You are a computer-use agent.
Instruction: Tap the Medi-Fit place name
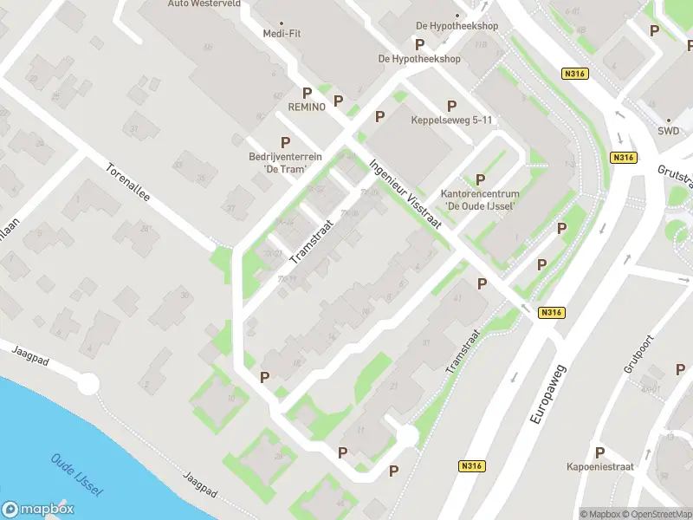(x=280, y=34)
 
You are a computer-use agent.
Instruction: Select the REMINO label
(x=307, y=107)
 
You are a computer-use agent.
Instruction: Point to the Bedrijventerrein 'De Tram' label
(x=286, y=163)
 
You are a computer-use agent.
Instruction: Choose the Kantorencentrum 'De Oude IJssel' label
(x=479, y=199)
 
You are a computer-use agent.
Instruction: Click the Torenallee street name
(x=128, y=184)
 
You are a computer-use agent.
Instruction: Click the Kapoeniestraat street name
(x=601, y=466)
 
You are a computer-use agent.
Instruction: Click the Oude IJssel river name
(x=76, y=475)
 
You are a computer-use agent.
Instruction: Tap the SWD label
(x=668, y=132)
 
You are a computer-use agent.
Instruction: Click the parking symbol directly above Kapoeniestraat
(x=599, y=452)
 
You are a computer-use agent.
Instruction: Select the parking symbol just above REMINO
(x=307, y=92)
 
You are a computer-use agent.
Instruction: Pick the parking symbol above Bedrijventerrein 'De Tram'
(x=285, y=142)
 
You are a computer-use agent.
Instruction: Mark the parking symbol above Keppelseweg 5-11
(x=451, y=106)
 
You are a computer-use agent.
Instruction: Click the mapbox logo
(x=36, y=510)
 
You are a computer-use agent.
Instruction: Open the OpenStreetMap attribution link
(x=659, y=514)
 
